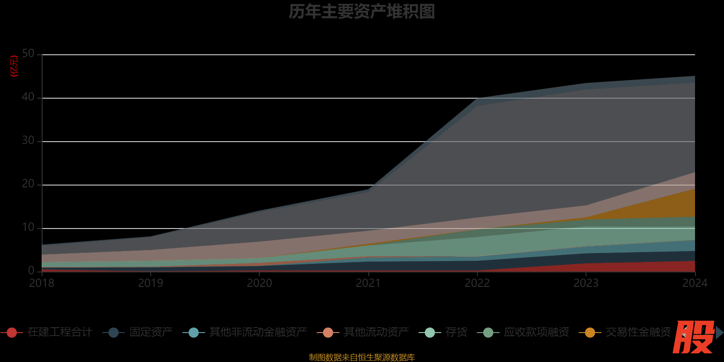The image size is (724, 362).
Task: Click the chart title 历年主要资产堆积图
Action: click(x=362, y=12)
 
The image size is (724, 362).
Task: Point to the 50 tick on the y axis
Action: click(x=28, y=54)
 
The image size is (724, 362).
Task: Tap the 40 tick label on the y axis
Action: click(x=28, y=97)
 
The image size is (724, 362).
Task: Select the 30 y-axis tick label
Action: click(x=28, y=141)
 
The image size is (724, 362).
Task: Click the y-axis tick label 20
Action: click(x=28, y=184)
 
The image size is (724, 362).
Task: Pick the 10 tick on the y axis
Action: click(x=28, y=228)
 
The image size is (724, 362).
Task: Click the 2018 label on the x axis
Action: click(x=42, y=283)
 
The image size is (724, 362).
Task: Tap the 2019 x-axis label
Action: click(x=151, y=283)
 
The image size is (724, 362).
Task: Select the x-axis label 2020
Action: click(x=259, y=283)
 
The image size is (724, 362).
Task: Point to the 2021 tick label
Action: click(x=368, y=283)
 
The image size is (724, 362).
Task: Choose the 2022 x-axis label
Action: click(x=477, y=283)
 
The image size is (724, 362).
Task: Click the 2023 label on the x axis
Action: click(x=586, y=283)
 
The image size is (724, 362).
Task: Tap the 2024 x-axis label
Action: click(x=695, y=283)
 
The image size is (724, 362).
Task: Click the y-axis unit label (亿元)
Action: click(x=14, y=66)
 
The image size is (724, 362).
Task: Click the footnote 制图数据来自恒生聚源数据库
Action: click(x=362, y=357)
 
